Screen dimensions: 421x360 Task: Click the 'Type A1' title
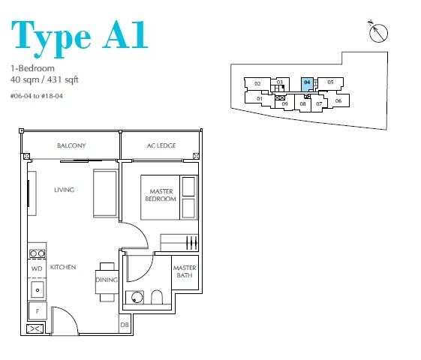coord(80,38)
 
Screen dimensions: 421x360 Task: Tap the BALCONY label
coord(71,145)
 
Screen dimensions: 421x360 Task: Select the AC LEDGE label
coord(161,145)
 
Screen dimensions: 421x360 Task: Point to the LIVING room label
coord(65,190)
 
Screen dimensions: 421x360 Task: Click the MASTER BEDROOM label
coord(161,195)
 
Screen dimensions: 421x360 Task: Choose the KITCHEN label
coord(63,267)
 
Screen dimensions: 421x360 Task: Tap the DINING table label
coord(107,280)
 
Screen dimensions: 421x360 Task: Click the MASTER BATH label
coord(185,271)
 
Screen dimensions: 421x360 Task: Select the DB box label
coord(125,325)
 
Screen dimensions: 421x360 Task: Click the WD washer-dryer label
coord(37,268)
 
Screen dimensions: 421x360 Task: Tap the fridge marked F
coord(38,311)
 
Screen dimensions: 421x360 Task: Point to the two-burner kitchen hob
coord(38,253)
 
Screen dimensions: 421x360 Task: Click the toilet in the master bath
coord(157,297)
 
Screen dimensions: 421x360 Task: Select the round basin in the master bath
coord(137,298)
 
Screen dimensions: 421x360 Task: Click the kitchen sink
coord(38,289)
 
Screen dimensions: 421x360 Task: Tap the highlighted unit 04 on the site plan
coord(307,85)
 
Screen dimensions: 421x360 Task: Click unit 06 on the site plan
coord(338,100)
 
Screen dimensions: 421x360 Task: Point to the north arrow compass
coord(378,32)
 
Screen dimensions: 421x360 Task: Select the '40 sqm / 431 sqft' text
coord(44,80)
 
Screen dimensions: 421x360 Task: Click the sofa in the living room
coord(105,193)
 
